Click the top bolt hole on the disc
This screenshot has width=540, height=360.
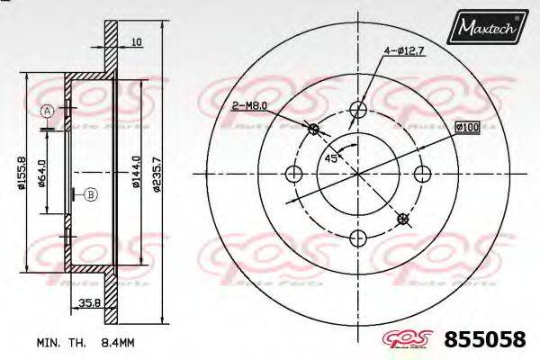click(x=358, y=111)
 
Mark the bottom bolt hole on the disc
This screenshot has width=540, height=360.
click(x=358, y=238)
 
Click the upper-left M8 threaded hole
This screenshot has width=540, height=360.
click(x=314, y=130)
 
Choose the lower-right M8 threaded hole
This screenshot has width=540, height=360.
click(x=402, y=219)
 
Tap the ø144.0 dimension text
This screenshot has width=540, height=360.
click(x=135, y=172)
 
